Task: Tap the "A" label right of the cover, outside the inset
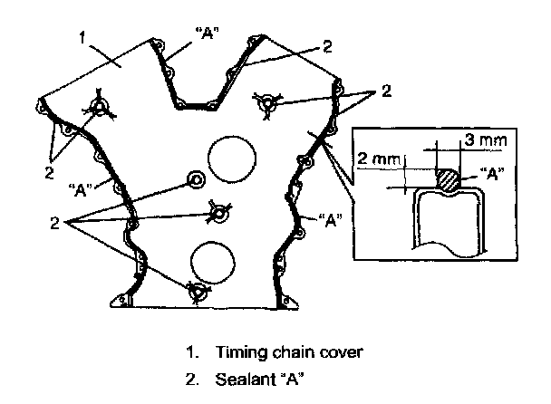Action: coord(330,220)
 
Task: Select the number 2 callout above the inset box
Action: coord(386,91)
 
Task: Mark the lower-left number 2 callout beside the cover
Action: coord(56,221)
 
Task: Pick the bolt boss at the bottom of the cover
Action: coord(196,292)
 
